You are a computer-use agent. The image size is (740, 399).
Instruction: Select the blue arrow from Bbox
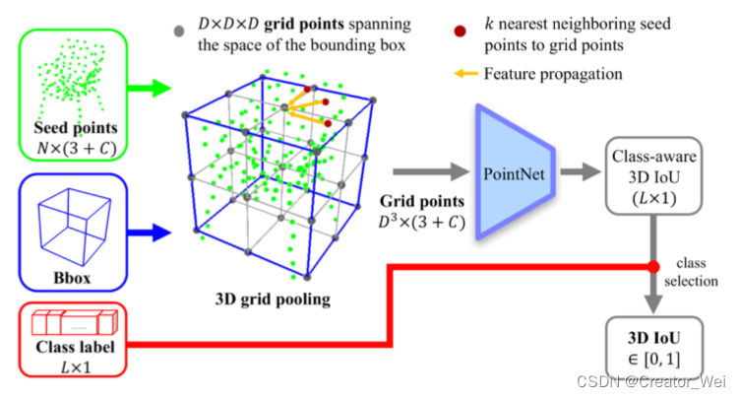tap(154, 233)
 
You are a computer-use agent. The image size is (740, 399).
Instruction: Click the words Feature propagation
tap(554, 73)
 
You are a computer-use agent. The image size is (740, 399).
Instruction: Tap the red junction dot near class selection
tap(653, 266)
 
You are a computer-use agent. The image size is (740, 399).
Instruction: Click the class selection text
tap(695, 275)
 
